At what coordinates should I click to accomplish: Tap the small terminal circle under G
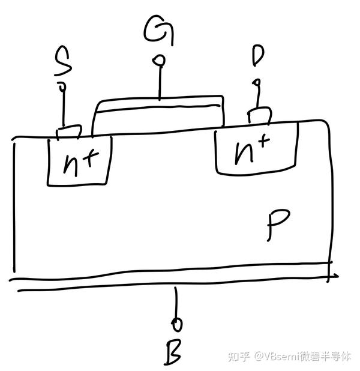[159, 60]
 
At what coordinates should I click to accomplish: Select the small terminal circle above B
[176, 325]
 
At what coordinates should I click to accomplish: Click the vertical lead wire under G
[160, 81]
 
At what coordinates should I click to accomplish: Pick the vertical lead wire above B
[176, 303]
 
